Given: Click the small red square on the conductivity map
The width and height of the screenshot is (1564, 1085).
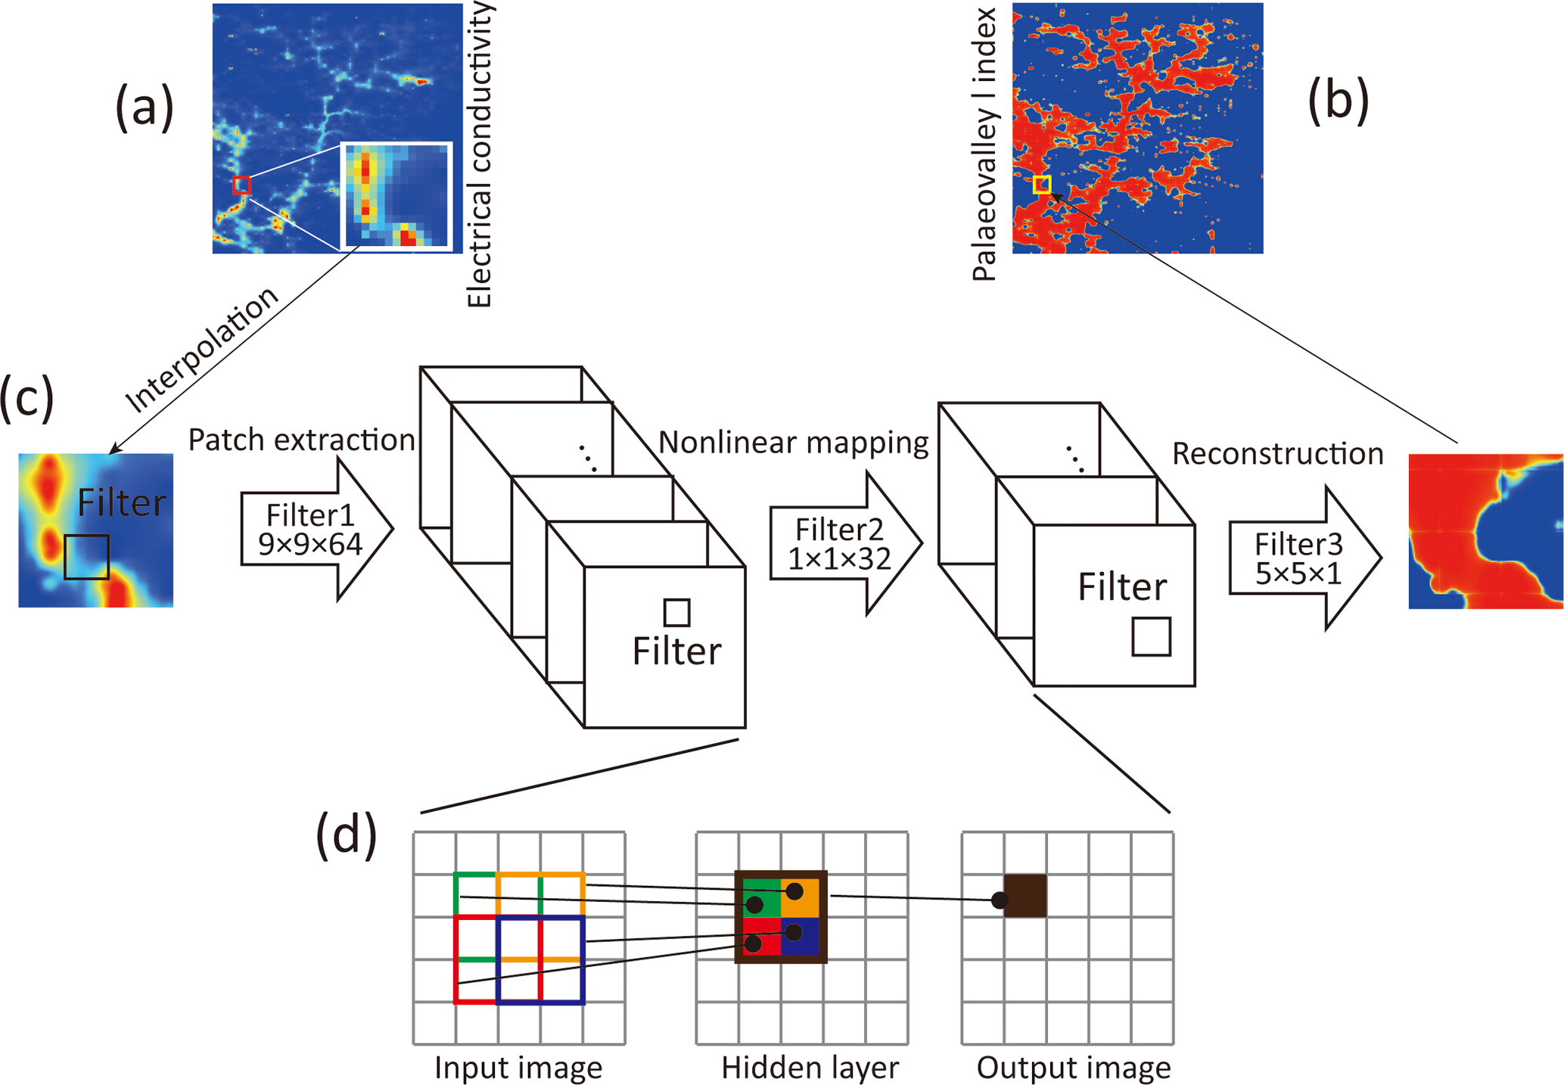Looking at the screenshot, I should (241, 185).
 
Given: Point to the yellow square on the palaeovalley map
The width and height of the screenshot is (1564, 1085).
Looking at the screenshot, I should (1042, 184).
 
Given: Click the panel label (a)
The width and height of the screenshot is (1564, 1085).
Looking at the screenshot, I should (145, 107).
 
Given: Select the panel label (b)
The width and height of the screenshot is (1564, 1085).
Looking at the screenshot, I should (1338, 99).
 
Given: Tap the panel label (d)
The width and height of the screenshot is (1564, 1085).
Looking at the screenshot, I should (346, 835).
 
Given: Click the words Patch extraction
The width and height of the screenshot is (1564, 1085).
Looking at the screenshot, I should (301, 440).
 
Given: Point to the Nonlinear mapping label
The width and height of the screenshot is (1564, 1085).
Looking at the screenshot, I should (793, 443).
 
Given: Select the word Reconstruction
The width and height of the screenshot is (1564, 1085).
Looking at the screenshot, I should (1277, 454).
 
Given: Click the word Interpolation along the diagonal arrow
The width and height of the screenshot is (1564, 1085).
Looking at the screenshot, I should (203, 350).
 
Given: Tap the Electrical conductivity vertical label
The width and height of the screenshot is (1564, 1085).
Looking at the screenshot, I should (480, 155).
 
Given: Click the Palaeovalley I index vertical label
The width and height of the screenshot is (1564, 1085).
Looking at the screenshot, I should (984, 144).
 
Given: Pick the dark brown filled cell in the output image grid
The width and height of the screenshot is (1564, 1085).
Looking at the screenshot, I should (1025, 896).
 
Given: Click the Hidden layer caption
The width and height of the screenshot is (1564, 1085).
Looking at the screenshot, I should (810, 1068).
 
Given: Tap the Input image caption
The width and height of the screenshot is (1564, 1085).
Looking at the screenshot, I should (518, 1068).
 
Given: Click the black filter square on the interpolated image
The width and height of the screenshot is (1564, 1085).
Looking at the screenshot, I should (86, 558).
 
